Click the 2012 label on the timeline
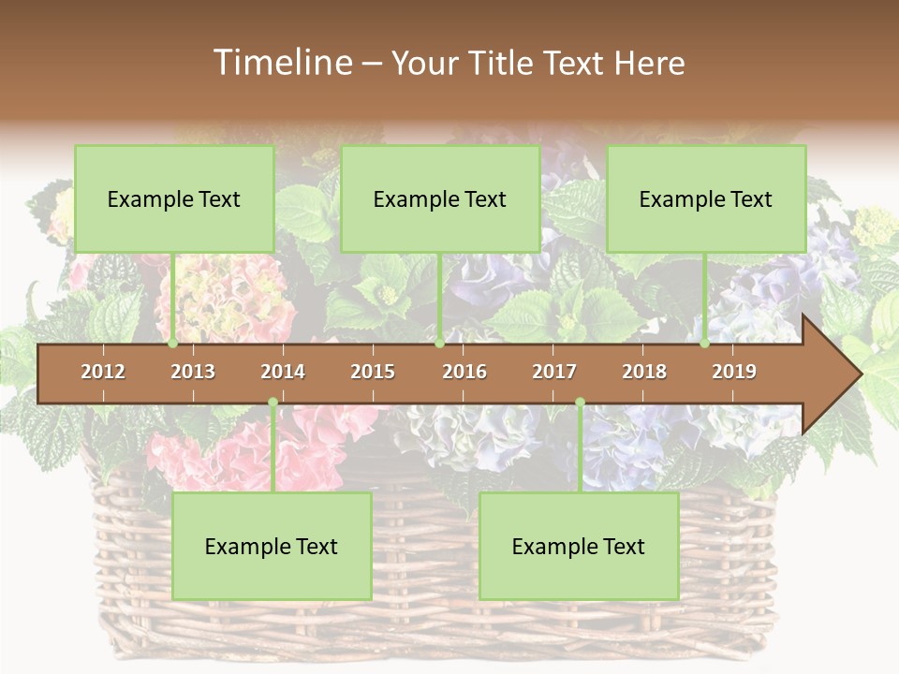tap(103, 372)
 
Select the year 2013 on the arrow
tap(193, 372)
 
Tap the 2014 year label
tap(283, 372)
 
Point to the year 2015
tap(373, 372)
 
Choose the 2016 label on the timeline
tap(464, 372)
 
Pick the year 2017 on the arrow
tap(554, 372)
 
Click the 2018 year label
tap(644, 372)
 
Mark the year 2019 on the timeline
tap(734, 372)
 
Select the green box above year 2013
tap(174, 198)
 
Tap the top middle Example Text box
tap(440, 198)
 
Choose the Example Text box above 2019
tap(706, 198)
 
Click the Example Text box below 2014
tap(272, 546)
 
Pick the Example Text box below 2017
tap(579, 546)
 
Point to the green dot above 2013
tap(173, 344)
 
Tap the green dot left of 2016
tap(440, 344)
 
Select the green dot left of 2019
tap(705, 344)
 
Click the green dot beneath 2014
tap(273, 403)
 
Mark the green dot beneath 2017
tap(580, 403)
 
